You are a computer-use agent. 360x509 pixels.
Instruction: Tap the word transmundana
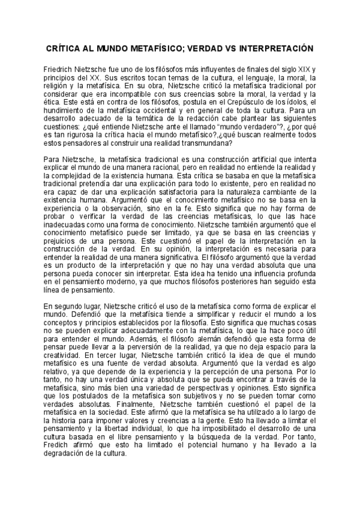click(x=209, y=142)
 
